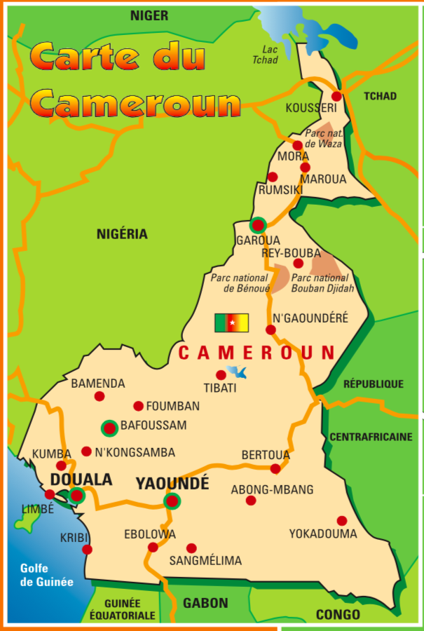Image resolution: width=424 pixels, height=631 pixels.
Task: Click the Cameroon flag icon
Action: (x=231, y=323)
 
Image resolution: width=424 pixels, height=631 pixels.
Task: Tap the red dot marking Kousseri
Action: (x=336, y=96)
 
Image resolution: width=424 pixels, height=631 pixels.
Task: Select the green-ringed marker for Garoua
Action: (x=258, y=225)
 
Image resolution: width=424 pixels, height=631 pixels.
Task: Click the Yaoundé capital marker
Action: (x=172, y=501)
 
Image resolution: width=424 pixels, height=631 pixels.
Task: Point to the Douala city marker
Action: (x=77, y=496)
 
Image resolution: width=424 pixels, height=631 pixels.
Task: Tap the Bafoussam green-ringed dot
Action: (x=109, y=428)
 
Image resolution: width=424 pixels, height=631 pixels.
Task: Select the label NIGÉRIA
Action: (x=122, y=234)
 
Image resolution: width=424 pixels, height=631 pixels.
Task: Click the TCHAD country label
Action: (x=380, y=96)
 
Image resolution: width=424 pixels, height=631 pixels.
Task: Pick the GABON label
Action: (x=205, y=603)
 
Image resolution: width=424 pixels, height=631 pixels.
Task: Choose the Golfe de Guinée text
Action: (x=46, y=575)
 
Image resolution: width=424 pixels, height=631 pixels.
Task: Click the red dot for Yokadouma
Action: (x=341, y=521)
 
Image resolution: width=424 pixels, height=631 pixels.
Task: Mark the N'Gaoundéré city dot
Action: (x=271, y=330)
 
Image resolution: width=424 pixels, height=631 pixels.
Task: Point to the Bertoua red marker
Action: (x=275, y=468)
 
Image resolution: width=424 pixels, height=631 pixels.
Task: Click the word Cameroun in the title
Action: (x=137, y=103)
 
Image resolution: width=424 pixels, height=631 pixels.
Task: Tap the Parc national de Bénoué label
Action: (x=239, y=283)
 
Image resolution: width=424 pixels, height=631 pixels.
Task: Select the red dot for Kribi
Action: (x=87, y=550)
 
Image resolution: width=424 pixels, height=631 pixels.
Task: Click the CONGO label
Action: (x=338, y=615)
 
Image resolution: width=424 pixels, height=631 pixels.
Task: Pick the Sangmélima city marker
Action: (x=191, y=548)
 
